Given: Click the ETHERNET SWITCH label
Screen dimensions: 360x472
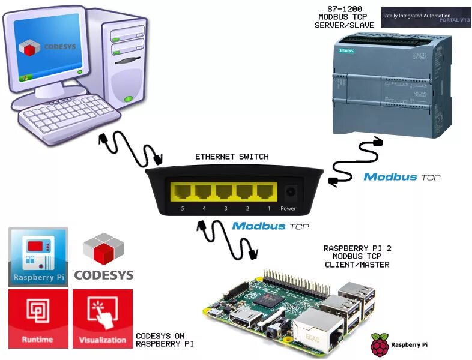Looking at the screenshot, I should point(232,157).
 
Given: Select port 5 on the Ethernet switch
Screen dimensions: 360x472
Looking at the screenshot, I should point(181,192).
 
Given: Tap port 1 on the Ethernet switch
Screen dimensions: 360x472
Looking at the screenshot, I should point(265,192).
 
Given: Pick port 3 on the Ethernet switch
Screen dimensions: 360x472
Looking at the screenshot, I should point(223,192).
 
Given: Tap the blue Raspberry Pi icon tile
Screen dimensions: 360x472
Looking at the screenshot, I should point(38,256).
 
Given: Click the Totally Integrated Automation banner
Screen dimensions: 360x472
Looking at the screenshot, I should point(426,17).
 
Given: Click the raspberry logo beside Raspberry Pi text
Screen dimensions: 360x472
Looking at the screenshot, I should point(379,345).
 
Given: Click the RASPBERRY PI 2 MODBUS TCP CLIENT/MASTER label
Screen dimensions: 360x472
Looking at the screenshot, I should point(357,256).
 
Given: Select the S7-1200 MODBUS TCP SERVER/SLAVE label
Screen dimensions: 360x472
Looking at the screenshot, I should point(345,17).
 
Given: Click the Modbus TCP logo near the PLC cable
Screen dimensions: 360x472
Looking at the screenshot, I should point(402,177).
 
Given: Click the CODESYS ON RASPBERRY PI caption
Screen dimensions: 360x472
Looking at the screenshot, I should point(160,340).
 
